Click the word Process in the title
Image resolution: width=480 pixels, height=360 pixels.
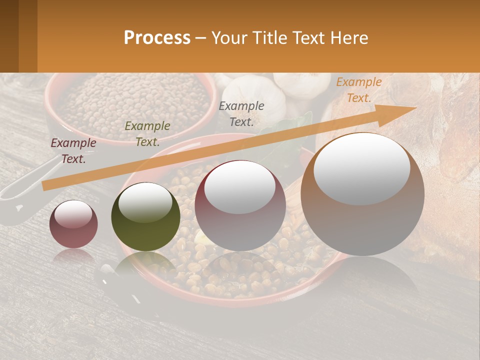(x=157, y=38)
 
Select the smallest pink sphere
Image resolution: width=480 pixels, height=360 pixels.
(x=73, y=224)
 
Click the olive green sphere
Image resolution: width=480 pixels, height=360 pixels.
(x=145, y=217)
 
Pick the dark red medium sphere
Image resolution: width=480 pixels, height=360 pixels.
(x=240, y=206)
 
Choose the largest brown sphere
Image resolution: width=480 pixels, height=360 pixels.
(x=362, y=195)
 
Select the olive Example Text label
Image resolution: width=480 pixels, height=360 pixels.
(x=147, y=134)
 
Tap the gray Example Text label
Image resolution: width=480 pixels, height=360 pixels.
(x=241, y=113)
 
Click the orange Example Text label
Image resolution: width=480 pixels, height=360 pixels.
(x=358, y=90)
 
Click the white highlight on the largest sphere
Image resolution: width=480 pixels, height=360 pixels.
(x=362, y=169)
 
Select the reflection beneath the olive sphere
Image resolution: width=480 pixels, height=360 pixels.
(x=145, y=265)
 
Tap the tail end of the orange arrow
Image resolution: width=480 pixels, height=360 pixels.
(x=45, y=186)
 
